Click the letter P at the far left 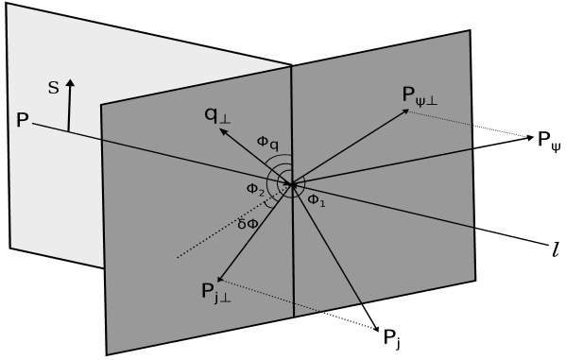click(x=22, y=120)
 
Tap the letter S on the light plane click(x=53, y=88)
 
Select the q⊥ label click(x=216, y=115)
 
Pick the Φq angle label click(x=267, y=143)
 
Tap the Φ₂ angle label click(x=255, y=189)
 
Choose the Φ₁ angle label click(x=316, y=199)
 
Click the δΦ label click(x=249, y=224)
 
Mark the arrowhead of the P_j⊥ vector click(x=220, y=279)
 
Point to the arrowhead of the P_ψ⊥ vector click(x=406, y=111)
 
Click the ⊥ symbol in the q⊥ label click(x=225, y=120)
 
